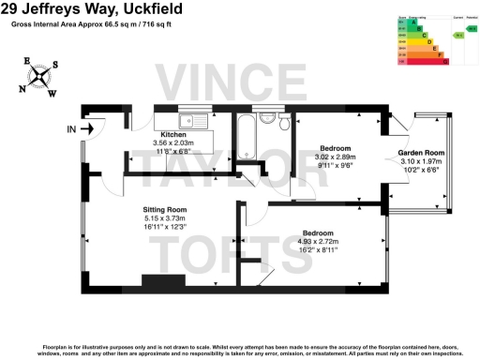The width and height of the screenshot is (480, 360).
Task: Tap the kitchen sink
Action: (195, 119)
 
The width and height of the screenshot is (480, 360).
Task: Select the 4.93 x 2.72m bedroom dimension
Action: (319, 241)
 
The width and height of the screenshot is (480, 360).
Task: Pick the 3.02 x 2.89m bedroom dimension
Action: (336, 157)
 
